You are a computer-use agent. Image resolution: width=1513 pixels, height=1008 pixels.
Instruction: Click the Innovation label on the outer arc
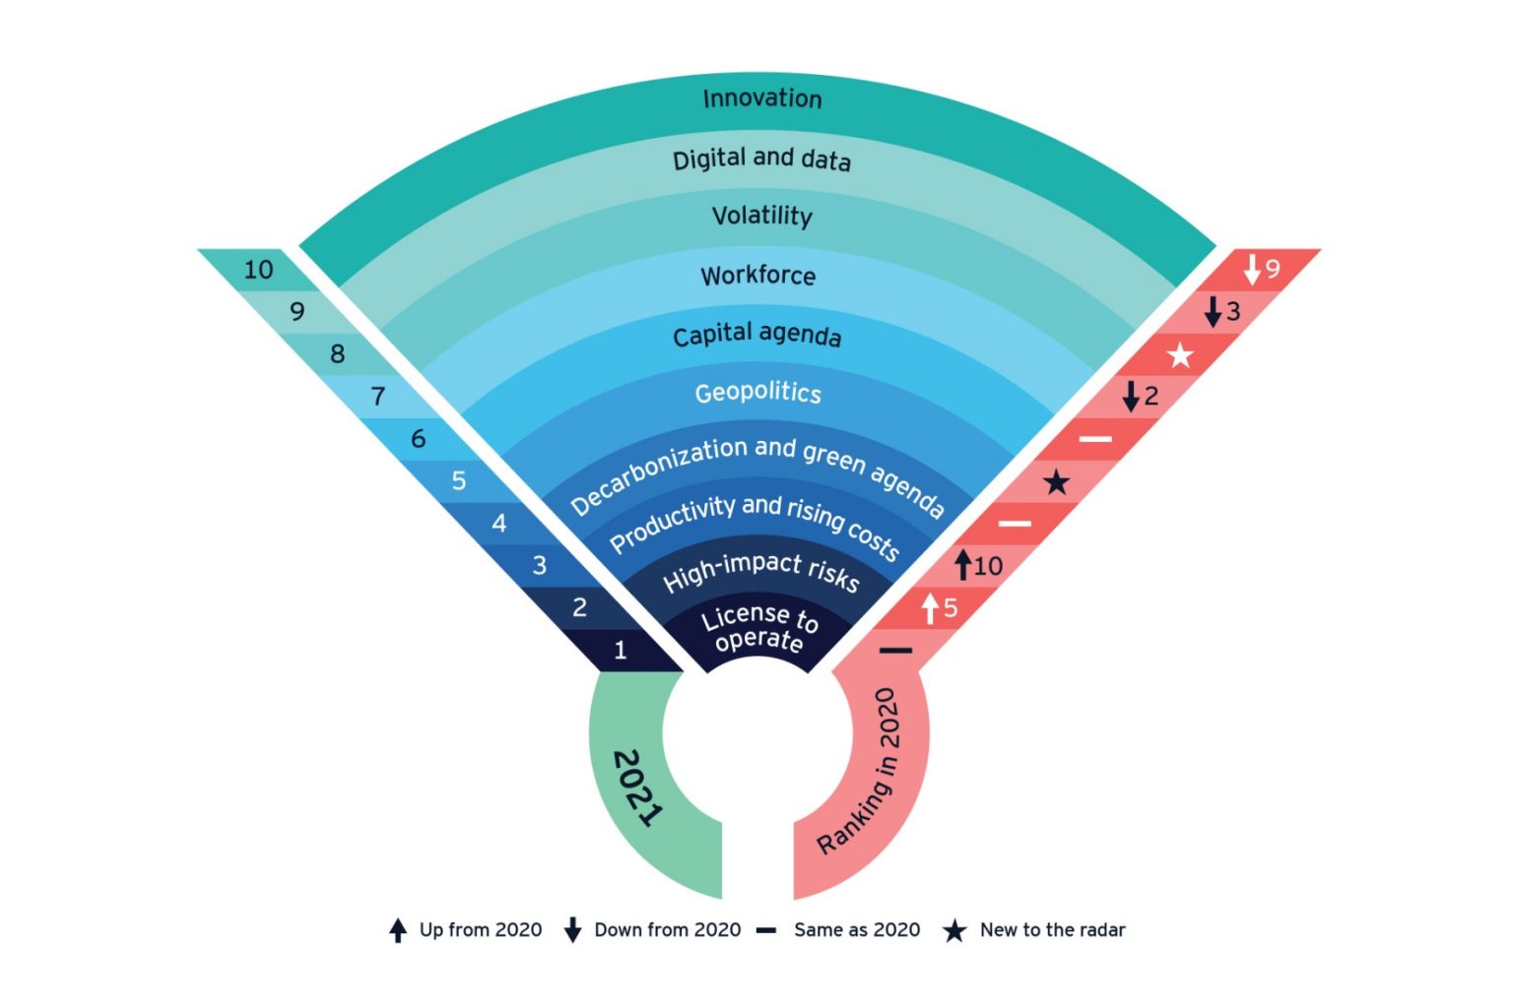click(x=761, y=98)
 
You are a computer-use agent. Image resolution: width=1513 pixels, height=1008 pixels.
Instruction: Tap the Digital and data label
click(x=761, y=159)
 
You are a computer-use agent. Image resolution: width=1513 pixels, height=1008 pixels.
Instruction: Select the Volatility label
click(x=761, y=216)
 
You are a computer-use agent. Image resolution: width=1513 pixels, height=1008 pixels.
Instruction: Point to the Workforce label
click(x=757, y=276)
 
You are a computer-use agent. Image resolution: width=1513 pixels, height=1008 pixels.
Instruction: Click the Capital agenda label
click(x=756, y=335)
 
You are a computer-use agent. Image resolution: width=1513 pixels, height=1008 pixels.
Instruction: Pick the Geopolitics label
click(x=757, y=393)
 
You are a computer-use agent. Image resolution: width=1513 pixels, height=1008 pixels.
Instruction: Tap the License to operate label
click(x=758, y=629)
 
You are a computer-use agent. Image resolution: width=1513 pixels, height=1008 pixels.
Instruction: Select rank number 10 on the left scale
click(x=258, y=270)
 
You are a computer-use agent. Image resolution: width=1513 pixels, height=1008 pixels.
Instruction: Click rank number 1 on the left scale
click(x=620, y=650)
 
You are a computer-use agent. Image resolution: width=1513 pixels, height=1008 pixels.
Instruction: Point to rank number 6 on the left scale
click(x=418, y=439)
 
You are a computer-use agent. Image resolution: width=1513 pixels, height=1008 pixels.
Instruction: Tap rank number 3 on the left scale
click(x=539, y=566)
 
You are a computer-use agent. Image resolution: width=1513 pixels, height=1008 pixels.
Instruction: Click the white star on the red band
click(x=1179, y=355)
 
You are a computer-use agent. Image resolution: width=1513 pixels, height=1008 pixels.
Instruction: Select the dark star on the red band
click(x=1056, y=482)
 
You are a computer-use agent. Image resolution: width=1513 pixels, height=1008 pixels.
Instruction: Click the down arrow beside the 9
click(x=1252, y=269)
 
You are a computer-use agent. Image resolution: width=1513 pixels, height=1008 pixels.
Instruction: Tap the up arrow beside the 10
click(x=963, y=565)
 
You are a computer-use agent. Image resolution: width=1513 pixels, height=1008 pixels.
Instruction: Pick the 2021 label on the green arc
click(x=638, y=787)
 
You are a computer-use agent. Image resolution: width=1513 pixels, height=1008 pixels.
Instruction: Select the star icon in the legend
click(x=954, y=931)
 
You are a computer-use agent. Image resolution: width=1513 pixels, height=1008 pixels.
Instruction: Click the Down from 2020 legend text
click(x=667, y=930)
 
